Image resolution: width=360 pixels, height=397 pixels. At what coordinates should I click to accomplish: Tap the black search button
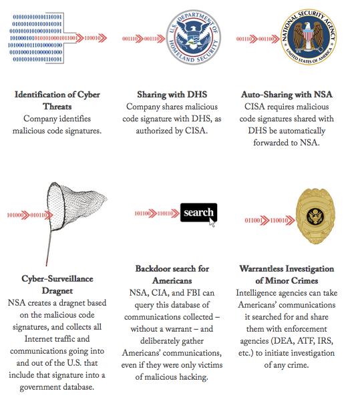(198, 213)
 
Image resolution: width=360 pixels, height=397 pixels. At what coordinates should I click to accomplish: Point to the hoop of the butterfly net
(74, 200)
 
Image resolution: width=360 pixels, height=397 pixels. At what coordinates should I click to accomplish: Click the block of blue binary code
(38, 37)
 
